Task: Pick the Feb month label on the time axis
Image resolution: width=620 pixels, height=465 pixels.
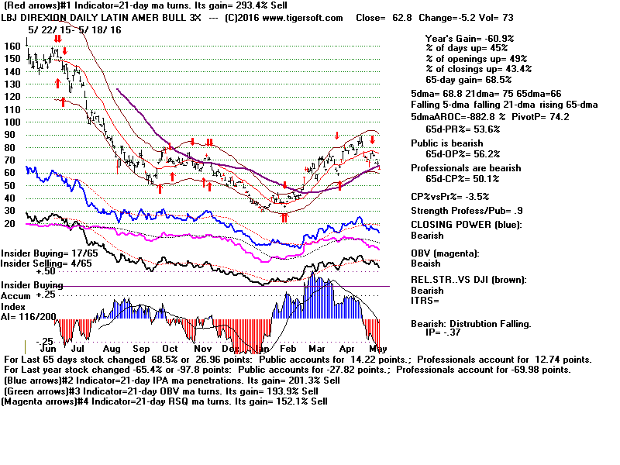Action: coord(286,350)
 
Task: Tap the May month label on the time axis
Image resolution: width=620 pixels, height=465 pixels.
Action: coord(377,350)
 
